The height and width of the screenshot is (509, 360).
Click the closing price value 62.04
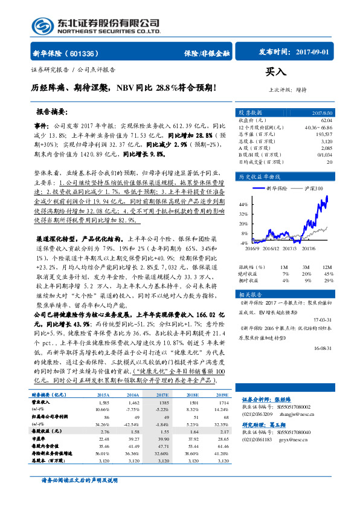point(326,120)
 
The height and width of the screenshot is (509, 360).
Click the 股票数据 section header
point(250,113)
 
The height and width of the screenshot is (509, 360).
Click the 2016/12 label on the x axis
point(271,247)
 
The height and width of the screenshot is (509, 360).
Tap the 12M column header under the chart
point(327,266)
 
